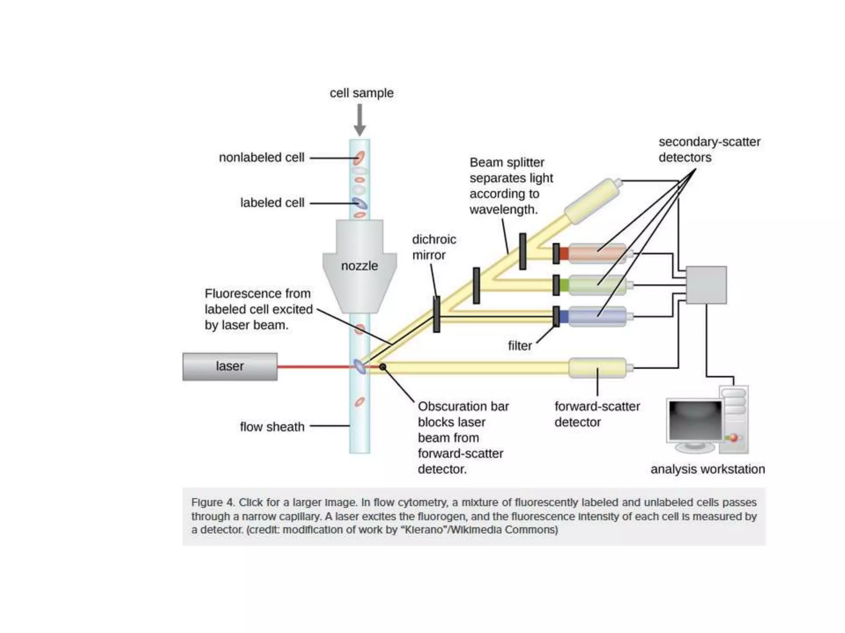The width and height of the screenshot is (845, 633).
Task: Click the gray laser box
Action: click(x=230, y=366)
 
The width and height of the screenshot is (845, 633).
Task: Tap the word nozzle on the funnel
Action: click(x=359, y=266)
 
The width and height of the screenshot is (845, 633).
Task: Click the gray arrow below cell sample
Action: click(x=360, y=120)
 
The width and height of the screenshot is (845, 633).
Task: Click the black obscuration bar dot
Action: click(x=383, y=367)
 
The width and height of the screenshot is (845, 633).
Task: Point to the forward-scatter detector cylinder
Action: click(x=597, y=368)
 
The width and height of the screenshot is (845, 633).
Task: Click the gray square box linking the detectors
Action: click(x=706, y=285)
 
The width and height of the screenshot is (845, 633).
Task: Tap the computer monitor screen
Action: click(x=695, y=420)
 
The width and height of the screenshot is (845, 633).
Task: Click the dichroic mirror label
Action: click(x=434, y=247)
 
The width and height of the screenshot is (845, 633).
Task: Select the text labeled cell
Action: click(x=272, y=203)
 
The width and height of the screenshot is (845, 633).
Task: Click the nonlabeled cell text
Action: click(x=262, y=157)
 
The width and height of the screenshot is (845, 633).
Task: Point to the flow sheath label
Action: click(x=272, y=427)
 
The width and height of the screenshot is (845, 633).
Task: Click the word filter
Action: click(x=519, y=346)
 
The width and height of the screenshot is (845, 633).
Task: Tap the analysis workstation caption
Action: click(x=707, y=469)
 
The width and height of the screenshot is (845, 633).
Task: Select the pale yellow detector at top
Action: click(x=592, y=201)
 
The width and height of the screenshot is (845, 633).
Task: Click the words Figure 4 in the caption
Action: click(x=212, y=503)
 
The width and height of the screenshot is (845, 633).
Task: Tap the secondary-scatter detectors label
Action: click(x=709, y=150)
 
